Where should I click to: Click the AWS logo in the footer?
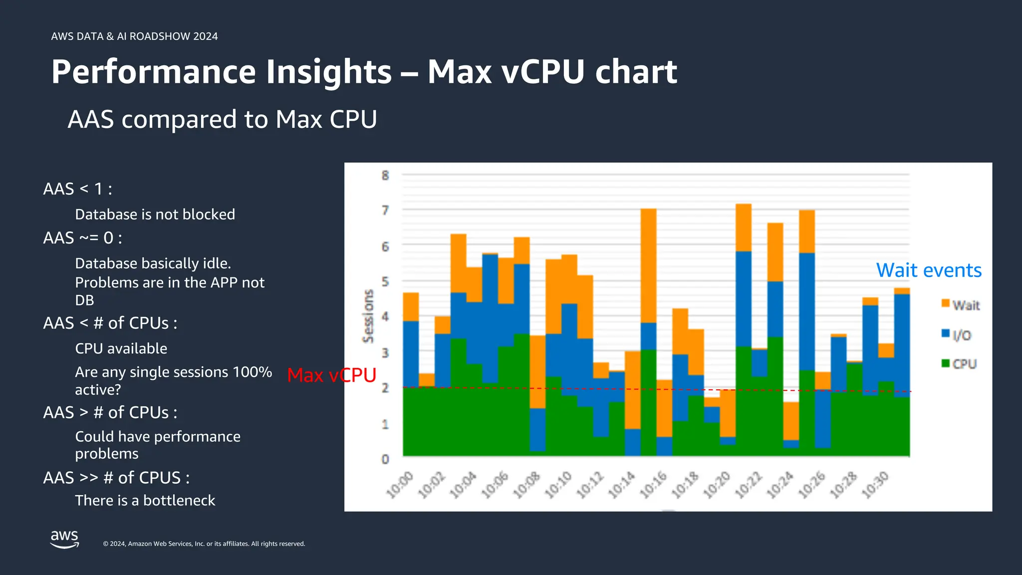64,539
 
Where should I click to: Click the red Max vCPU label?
331,375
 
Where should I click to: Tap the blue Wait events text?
929,271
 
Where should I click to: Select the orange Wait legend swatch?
945,303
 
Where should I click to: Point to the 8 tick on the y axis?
385,175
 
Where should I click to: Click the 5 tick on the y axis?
385,282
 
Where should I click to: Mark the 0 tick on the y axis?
385,459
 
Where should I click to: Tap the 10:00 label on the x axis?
400,485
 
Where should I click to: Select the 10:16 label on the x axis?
654,485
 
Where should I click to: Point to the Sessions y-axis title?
368,316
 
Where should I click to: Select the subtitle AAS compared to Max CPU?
222,120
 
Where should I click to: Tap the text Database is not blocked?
155,215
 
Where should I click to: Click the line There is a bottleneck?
145,501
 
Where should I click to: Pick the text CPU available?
121,348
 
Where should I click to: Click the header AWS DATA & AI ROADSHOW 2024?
134,36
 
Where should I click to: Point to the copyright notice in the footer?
204,544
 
